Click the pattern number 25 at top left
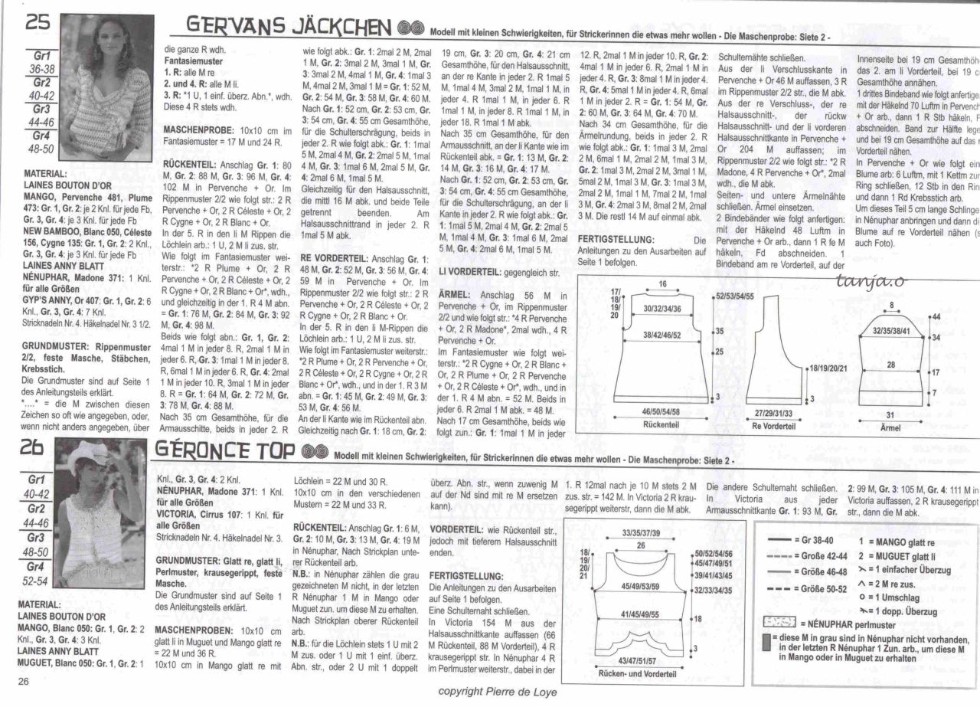[x=38, y=24]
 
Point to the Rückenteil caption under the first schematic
[x=663, y=424]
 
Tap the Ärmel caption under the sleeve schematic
[x=890, y=427]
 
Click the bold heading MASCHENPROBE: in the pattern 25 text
[x=198, y=131]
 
